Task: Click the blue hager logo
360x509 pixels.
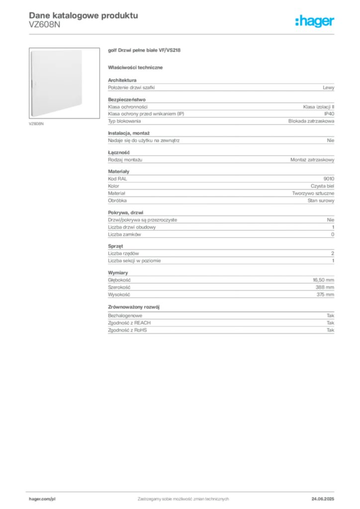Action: point(316,22)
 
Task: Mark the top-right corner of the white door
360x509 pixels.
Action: point(82,50)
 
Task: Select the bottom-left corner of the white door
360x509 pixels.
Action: point(30,117)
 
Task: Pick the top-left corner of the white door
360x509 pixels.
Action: point(31,50)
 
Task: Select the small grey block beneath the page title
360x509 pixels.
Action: point(46,28)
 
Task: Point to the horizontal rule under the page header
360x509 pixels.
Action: point(183,34)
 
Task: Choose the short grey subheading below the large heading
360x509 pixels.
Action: point(137,67)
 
